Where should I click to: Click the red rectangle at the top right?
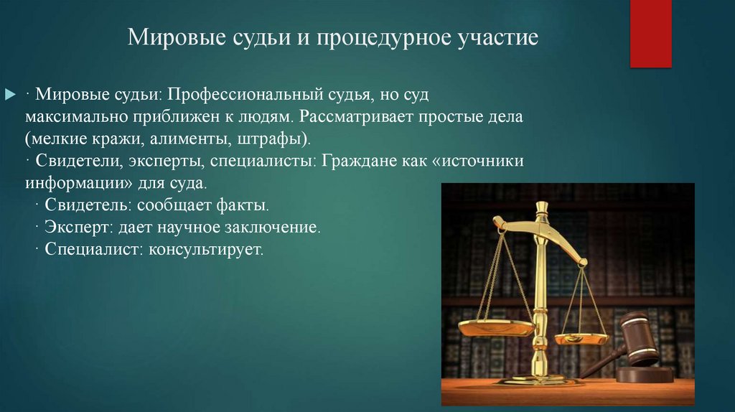[x=650, y=34]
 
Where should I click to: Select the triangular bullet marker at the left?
[x=10, y=95]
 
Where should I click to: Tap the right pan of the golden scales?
[x=582, y=337]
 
